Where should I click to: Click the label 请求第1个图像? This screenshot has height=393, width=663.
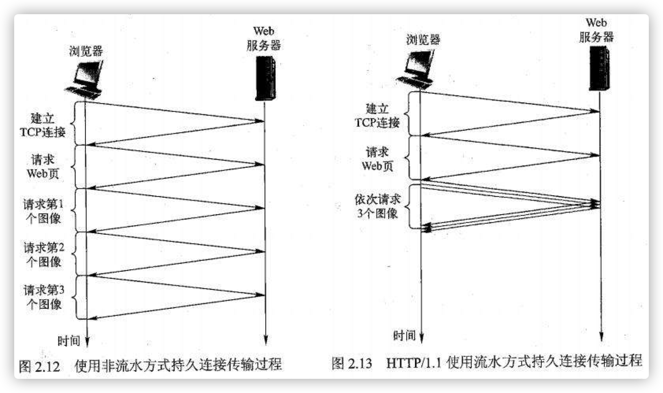click(43, 211)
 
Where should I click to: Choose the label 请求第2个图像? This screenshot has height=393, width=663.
click(43, 254)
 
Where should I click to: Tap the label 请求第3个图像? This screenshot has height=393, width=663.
click(43, 297)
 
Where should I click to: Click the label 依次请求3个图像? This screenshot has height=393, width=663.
click(377, 206)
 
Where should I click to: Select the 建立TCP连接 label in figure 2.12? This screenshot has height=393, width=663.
click(43, 125)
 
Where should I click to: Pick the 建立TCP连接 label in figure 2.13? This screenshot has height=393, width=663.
click(377, 115)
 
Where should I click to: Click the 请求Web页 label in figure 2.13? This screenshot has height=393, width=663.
click(377, 159)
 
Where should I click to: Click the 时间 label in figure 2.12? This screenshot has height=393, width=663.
click(69, 341)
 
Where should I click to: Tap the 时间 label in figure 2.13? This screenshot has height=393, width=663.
click(404, 336)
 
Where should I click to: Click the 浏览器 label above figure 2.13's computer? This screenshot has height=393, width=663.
click(423, 39)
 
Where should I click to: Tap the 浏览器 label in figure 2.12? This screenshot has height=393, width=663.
click(86, 51)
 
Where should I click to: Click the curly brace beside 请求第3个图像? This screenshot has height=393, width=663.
click(76, 297)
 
